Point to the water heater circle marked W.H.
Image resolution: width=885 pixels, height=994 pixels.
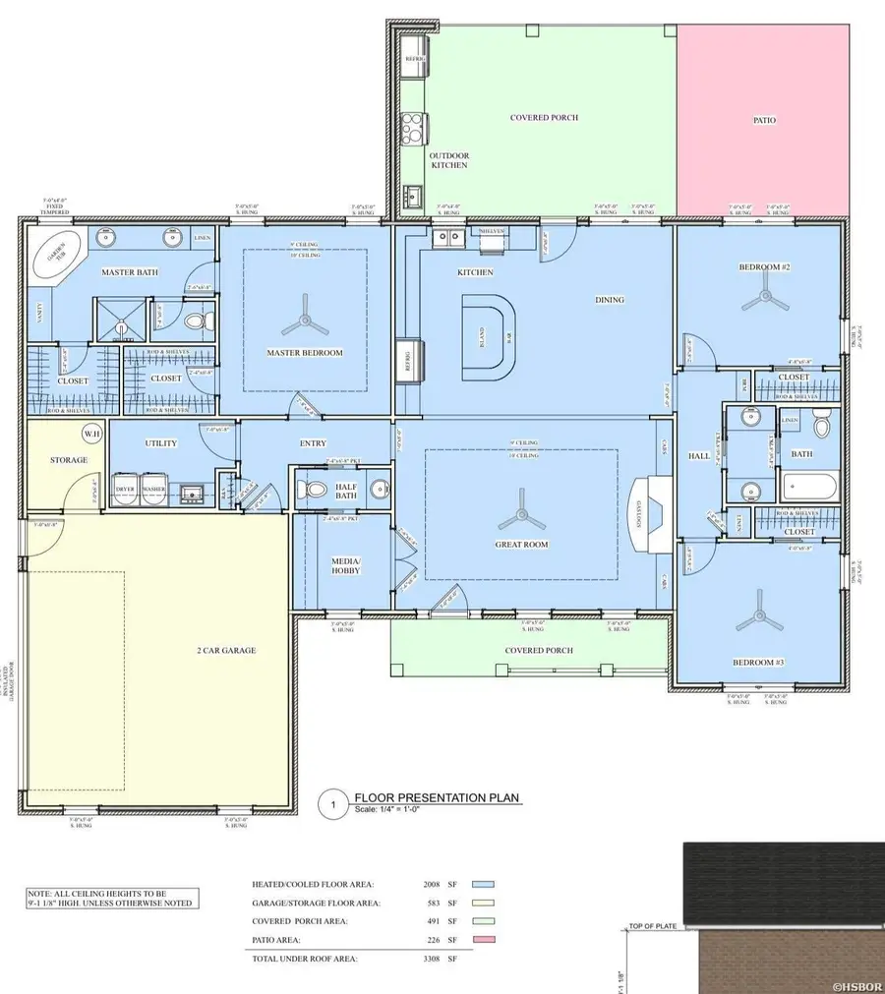[x=91, y=434]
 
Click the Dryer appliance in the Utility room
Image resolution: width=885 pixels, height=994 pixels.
[x=125, y=490]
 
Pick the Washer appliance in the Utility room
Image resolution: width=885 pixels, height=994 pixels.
[x=154, y=490]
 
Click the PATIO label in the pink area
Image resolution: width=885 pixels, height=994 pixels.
[x=764, y=120]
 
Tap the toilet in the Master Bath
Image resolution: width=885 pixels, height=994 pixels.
[x=195, y=322]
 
